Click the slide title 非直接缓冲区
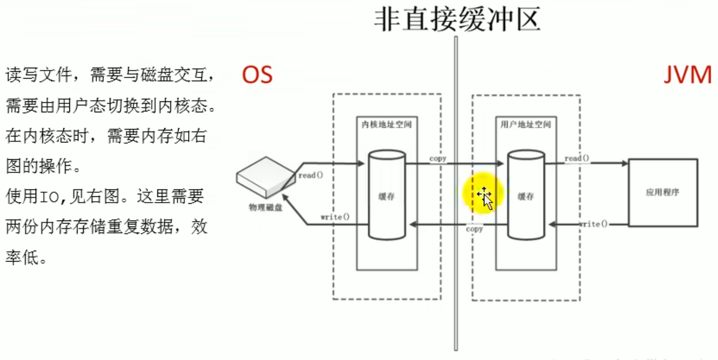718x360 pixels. tap(457, 20)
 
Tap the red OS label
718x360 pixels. tap(257, 75)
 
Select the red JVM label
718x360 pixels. tap(688, 75)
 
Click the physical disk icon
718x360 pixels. tap(266, 177)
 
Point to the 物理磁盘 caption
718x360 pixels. tap(265, 208)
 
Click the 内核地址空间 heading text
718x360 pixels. tap(386, 125)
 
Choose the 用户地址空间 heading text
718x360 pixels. tap(526, 125)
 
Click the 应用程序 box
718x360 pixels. tap(663, 192)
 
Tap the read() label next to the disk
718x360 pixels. tap(311, 175)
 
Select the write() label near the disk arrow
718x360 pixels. tap(335, 217)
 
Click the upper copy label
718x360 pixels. tap(438, 159)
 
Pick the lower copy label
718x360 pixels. tap(475, 229)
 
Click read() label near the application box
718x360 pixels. tap(577, 158)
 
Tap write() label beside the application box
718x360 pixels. tap(593, 224)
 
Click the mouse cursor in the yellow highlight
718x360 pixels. tap(485, 199)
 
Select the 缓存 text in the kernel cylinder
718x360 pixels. tap(386, 196)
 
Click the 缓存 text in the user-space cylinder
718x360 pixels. tap(526, 196)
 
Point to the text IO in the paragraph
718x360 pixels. tap(49, 197)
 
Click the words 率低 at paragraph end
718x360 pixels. tap(22, 257)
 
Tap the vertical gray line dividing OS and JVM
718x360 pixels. tap(456, 193)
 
